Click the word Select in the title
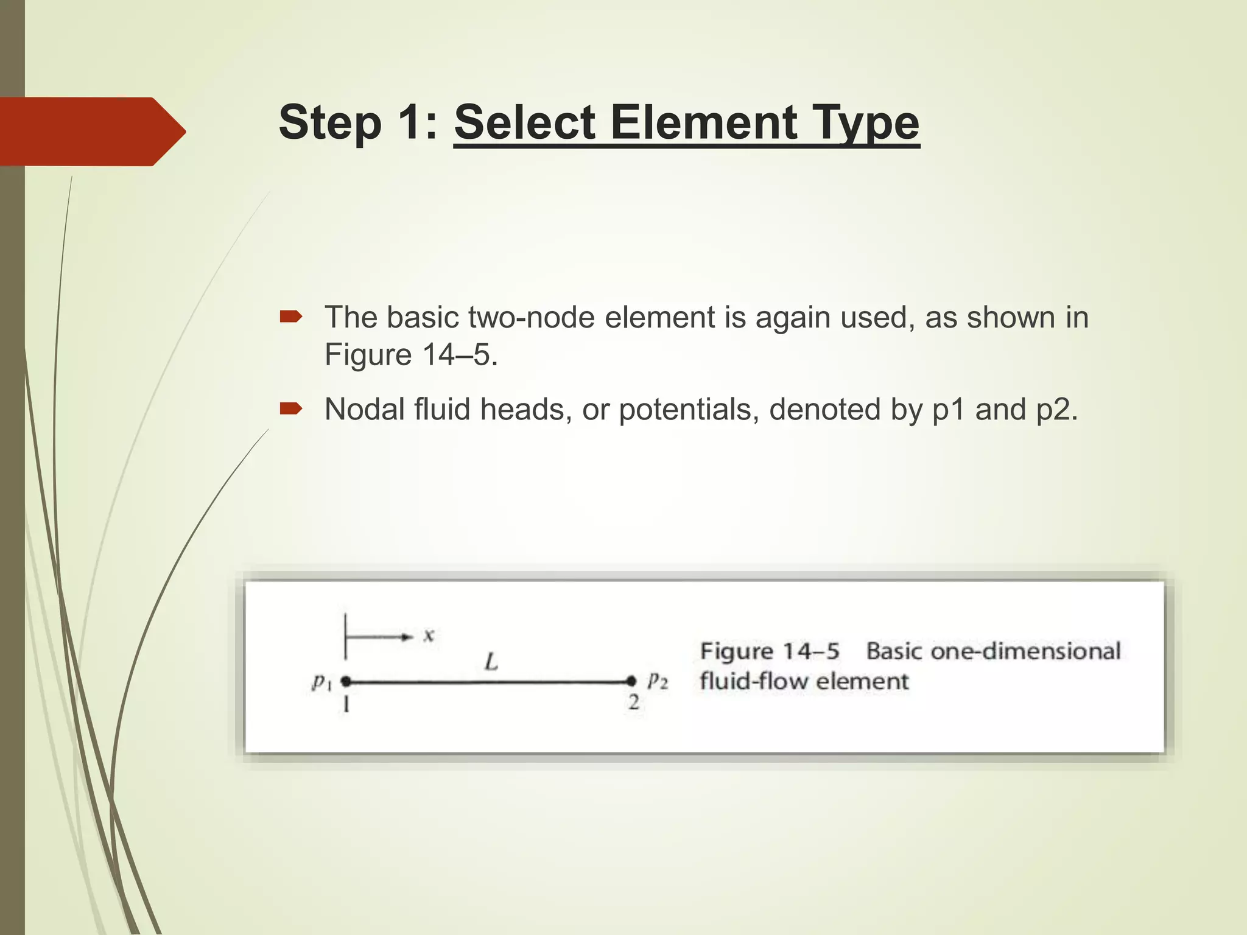[x=525, y=123]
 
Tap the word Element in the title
[x=703, y=123]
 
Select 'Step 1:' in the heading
[x=358, y=123]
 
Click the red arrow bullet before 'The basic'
[x=290, y=317]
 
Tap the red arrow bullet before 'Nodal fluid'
[x=290, y=408]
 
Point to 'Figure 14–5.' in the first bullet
[x=411, y=355]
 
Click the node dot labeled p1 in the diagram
[x=346, y=681]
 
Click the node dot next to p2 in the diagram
[x=631, y=681]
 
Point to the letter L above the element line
[x=491, y=661]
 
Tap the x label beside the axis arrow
[x=429, y=636]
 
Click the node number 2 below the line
[x=634, y=703]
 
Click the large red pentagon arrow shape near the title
[x=91, y=131]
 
